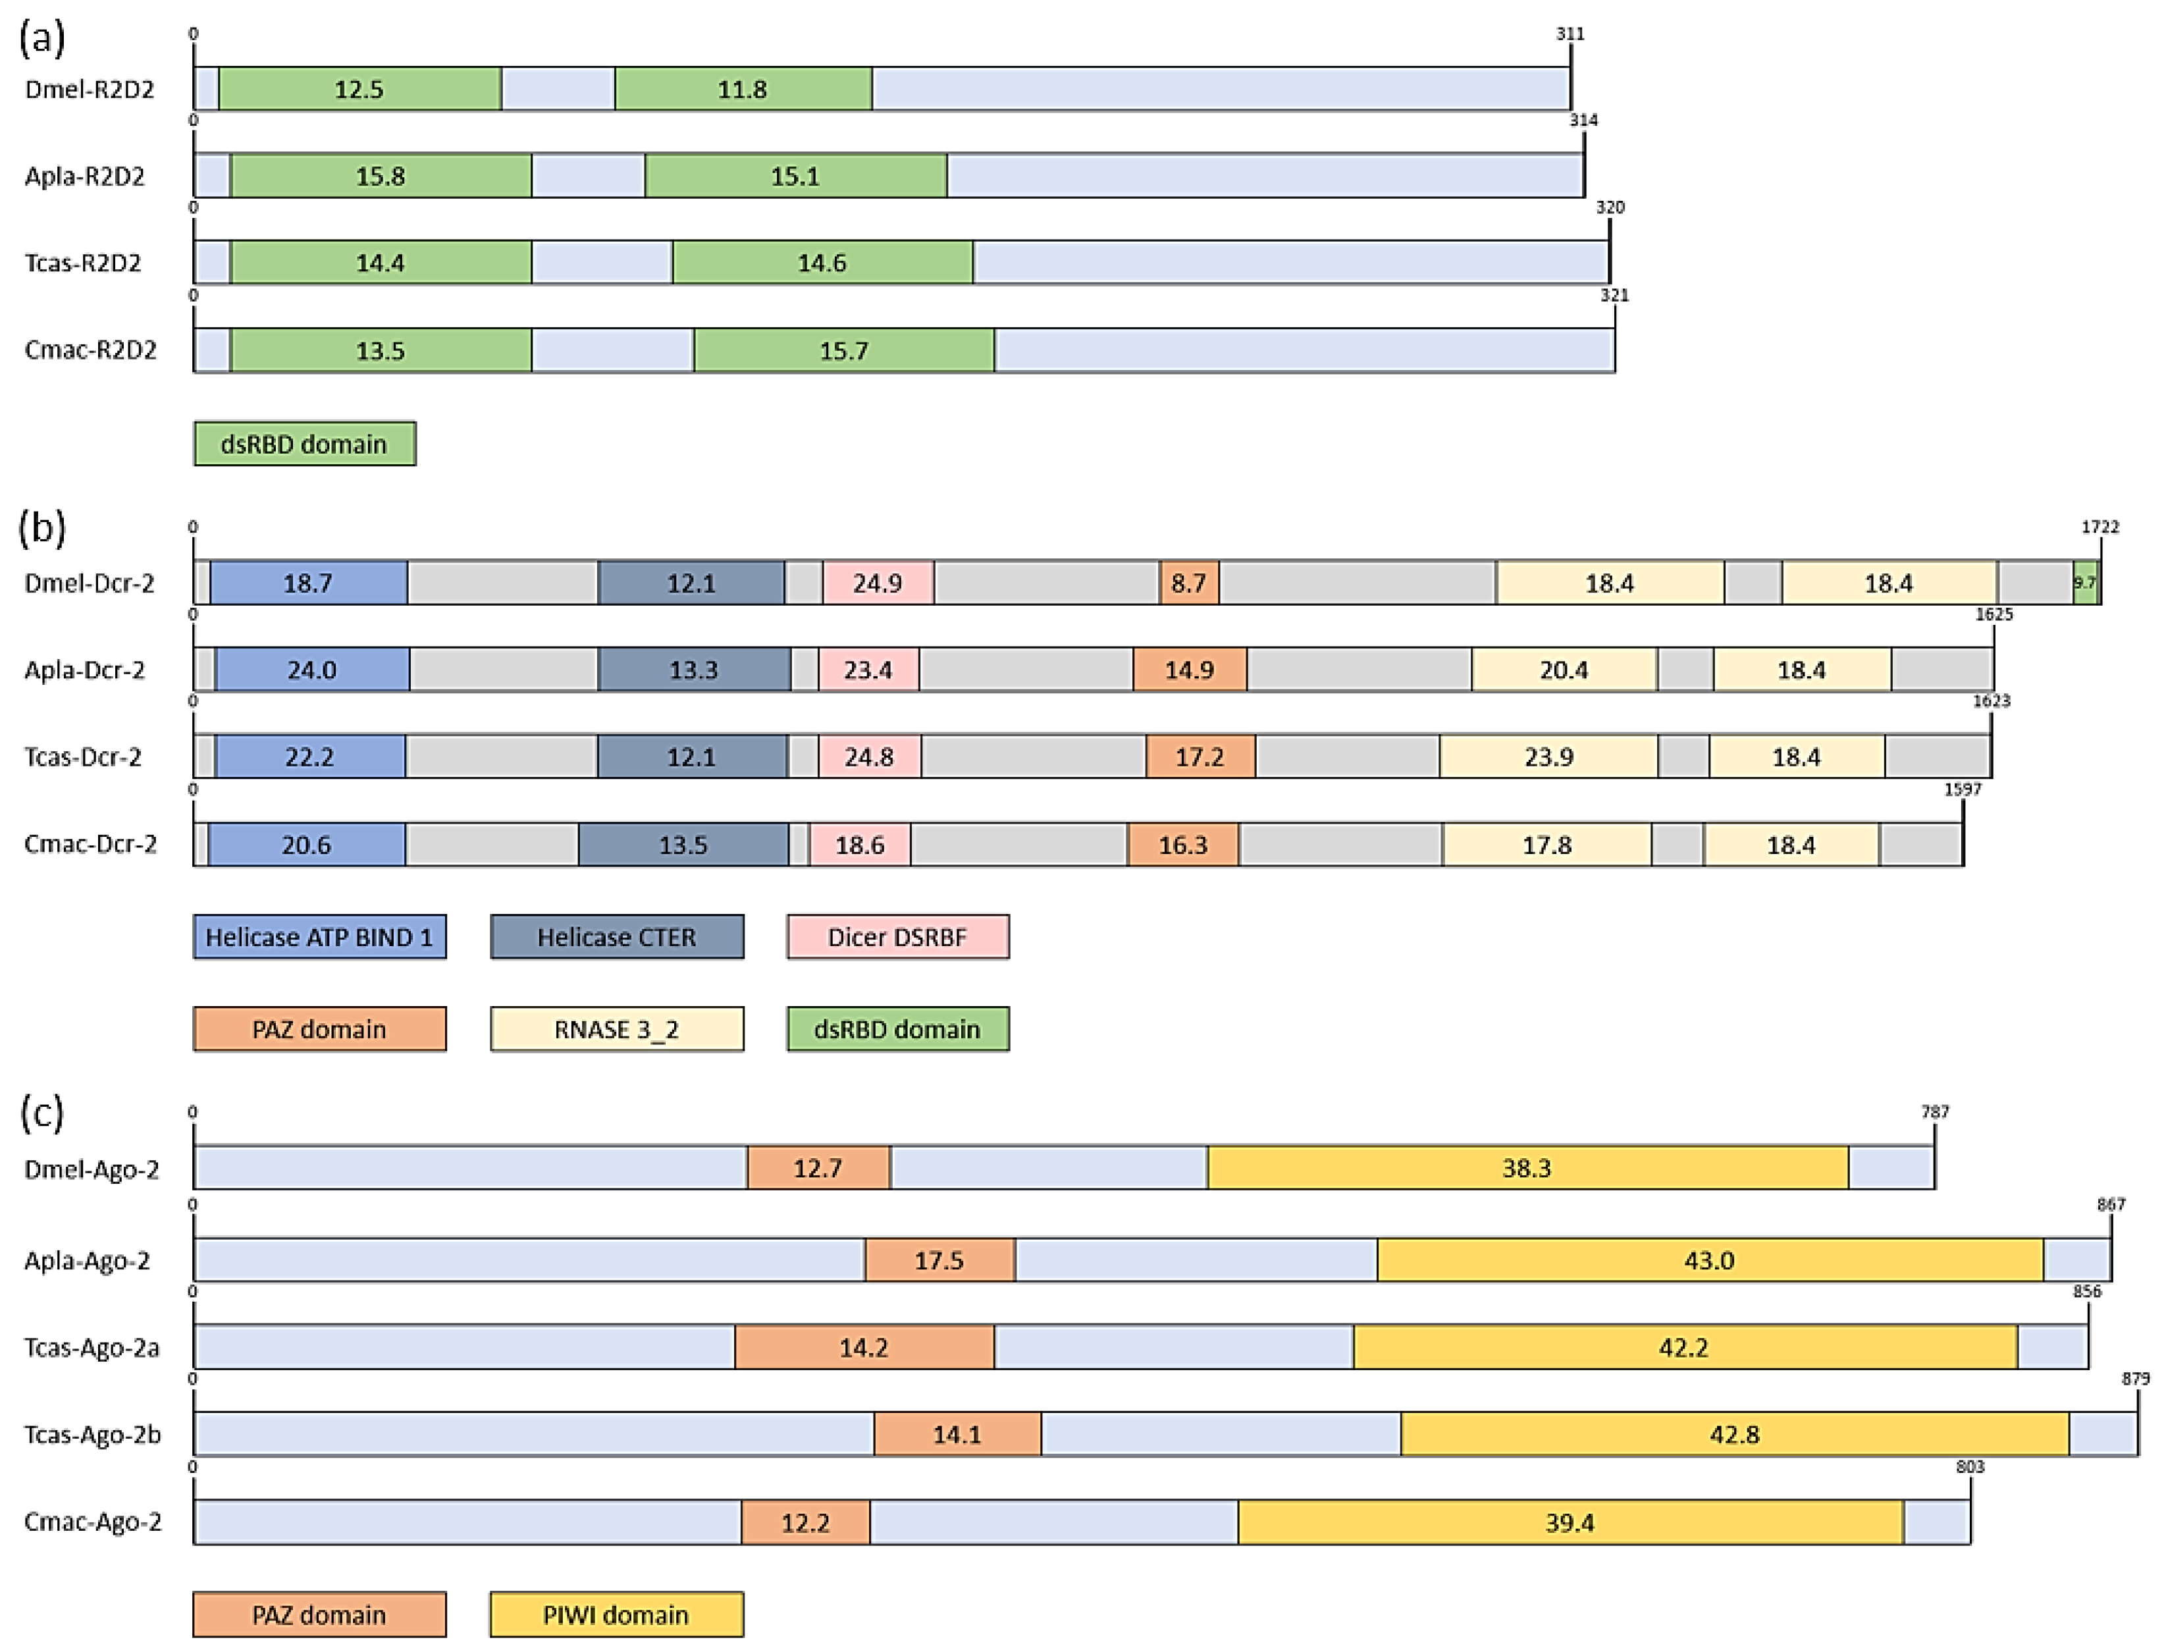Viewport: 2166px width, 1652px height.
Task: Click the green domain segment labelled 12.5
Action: tap(359, 90)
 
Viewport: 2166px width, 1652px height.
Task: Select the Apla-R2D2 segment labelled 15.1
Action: tap(795, 176)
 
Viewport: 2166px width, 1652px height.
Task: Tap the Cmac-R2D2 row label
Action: tap(90, 351)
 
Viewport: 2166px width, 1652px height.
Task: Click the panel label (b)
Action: tap(42, 528)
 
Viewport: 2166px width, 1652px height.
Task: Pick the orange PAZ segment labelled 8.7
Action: tap(1189, 583)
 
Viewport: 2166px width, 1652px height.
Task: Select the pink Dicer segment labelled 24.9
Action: tap(877, 583)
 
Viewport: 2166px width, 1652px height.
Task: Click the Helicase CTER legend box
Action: tap(616, 937)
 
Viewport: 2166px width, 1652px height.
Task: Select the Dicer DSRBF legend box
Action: tap(897, 937)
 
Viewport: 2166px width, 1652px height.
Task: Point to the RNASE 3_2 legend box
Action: tap(616, 1030)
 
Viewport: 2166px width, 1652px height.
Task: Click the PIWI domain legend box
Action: tap(616, 1614)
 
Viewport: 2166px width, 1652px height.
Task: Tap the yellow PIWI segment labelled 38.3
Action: tap(1526, 1168)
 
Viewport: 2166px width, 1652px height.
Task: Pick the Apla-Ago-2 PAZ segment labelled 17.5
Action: tap(939, 1261)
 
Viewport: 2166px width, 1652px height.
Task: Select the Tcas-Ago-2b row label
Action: tap(92, 1435)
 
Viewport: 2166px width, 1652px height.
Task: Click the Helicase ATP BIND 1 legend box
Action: tap(319, 937)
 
